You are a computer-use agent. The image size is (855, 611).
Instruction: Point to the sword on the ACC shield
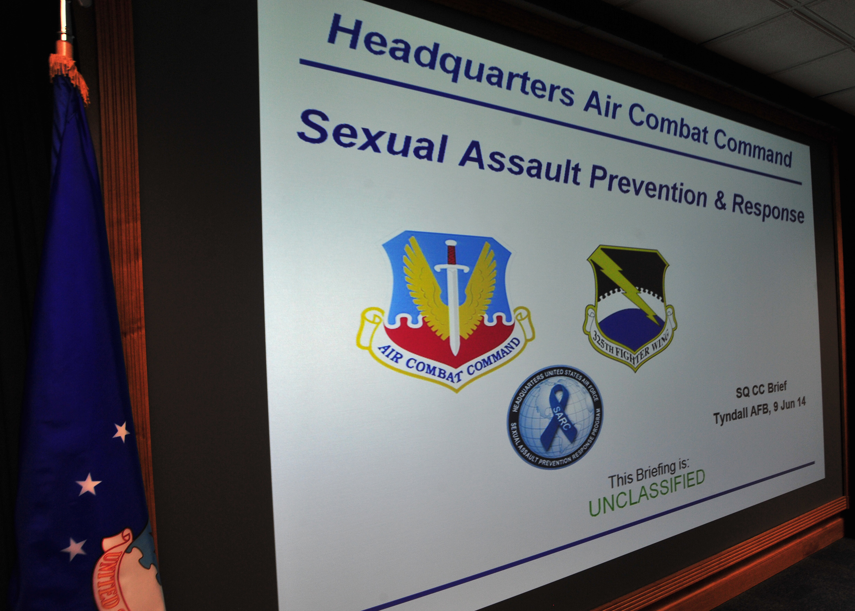(452, 297)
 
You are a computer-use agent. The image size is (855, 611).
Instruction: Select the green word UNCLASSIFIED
(647, 493)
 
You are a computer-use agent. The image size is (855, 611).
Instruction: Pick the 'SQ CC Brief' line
(761, 389)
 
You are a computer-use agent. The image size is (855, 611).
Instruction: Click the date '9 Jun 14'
(789, 406)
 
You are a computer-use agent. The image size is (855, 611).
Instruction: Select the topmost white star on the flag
(121, 432)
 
